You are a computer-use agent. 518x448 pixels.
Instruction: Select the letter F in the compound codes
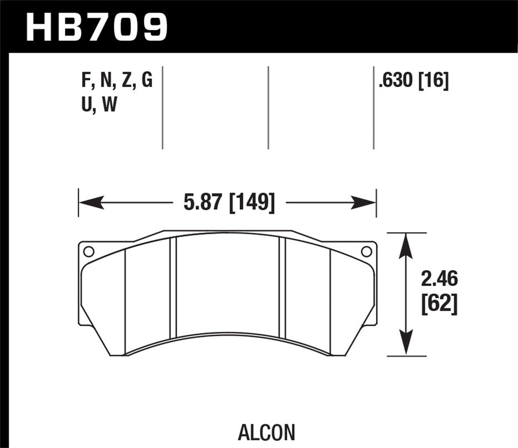tap(86, 80)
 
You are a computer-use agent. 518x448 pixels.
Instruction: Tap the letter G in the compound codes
tap(146, 80)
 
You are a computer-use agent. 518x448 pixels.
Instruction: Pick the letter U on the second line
tap(87, 104)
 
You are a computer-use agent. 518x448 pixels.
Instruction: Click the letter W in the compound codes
tap(109, 104)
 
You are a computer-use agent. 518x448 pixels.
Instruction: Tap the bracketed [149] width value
tap(251, 202)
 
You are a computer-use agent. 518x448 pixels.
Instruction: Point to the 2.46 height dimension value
tap(439, 280)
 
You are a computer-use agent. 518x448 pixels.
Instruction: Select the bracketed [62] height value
tap(439, 305)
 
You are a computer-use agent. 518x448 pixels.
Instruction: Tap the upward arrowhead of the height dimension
tap(406, 245)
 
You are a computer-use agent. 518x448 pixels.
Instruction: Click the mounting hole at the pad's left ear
tap(88, 252)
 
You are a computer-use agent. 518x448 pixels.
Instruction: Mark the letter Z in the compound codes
tap(126, 80)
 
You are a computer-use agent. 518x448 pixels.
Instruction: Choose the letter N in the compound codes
tap(106, 80)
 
